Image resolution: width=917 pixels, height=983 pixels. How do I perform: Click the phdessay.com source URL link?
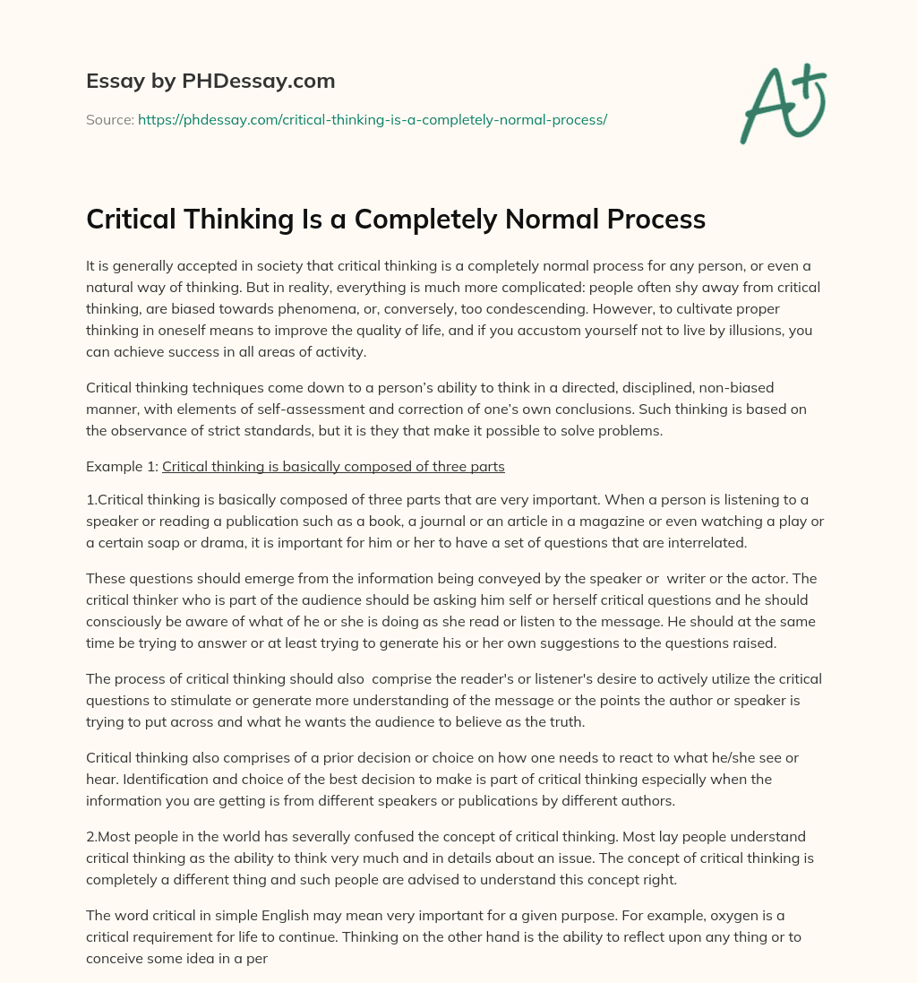(373, 119)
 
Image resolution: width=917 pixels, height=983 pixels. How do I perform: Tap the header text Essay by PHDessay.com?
(210, 81)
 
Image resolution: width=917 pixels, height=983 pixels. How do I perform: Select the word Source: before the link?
(110, 119)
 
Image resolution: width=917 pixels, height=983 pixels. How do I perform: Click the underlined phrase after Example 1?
(333, 466)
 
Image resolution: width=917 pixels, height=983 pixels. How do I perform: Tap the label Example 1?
(122, 466)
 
